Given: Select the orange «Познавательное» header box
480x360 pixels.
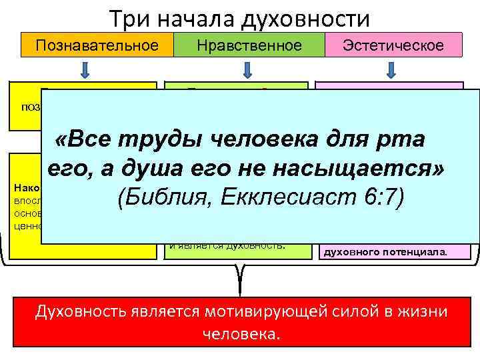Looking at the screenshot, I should point(97,45).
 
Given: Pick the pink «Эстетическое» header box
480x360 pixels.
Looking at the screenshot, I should point(393,45).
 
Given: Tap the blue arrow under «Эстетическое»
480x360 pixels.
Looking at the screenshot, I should point(391,69).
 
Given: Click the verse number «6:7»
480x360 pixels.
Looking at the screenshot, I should point(381,199).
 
